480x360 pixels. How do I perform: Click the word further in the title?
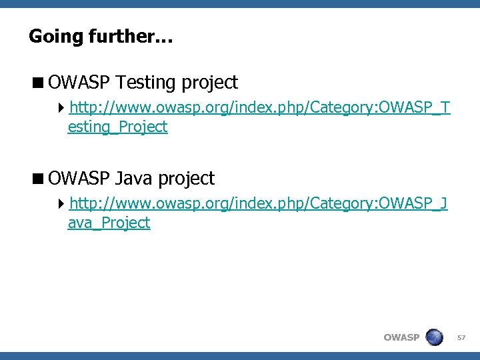tap(122, 36)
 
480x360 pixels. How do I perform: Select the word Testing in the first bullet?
tap(146, 83)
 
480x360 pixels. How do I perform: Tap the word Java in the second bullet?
tap(135, 179)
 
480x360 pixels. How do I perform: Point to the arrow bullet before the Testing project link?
tap(62, 107)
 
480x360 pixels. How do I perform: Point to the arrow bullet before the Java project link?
tap(62, 203)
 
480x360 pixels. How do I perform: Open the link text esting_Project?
tap(117, 127)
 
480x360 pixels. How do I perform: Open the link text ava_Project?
tap(109, 223)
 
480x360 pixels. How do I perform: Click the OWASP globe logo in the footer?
tap(434, 337)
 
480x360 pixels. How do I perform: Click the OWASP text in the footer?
tap(401, 338)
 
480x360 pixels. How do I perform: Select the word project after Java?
tap(187, 179)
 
